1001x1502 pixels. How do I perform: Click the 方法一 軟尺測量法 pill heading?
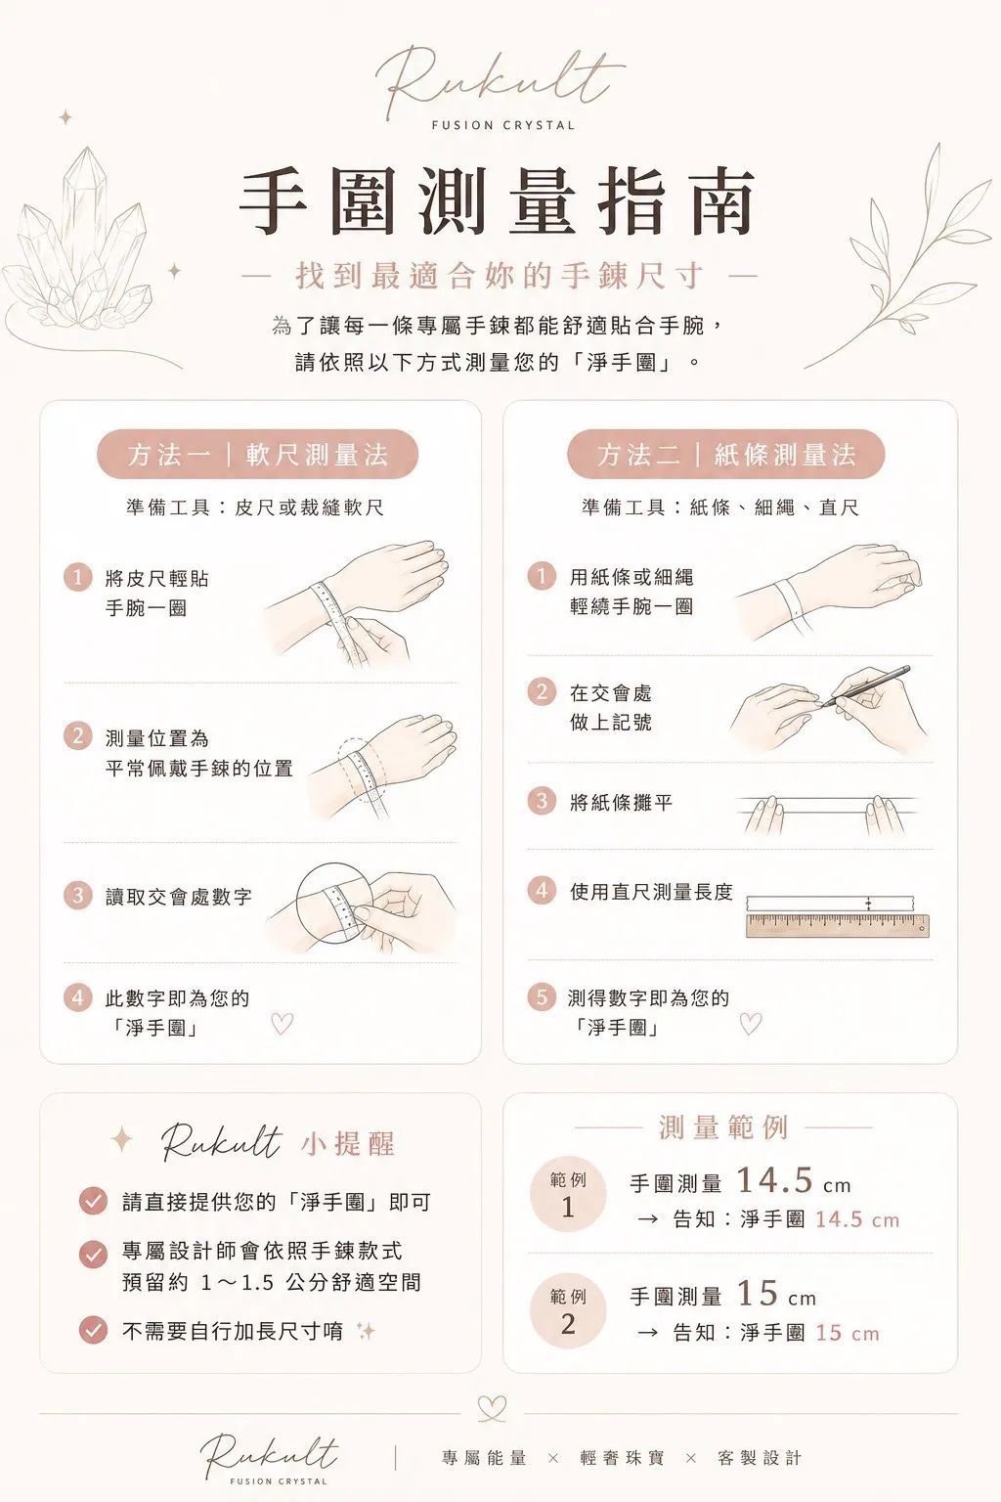[x=257, y=454]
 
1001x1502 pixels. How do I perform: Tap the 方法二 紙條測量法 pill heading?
[x=726, y=454]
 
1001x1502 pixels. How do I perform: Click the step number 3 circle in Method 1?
[x=78, y=895]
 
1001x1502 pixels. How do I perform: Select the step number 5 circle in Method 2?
[x=542, y=997]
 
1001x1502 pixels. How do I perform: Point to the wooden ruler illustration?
[x=838, y=925]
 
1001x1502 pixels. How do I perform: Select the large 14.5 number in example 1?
[x=775, y=1180]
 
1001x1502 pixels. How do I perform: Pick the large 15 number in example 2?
[x=758, y=1294]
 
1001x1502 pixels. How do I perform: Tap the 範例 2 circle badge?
[x=568, y=1310]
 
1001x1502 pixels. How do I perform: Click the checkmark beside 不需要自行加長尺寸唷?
[x=93, y=1330]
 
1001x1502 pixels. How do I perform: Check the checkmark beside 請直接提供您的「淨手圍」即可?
[x=93, y=1201]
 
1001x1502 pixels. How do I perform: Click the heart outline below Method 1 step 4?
[x=283, y=1024]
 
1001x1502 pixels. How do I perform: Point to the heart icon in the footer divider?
[x=492, y=1407]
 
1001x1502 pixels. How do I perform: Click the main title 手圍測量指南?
[x=499, y=201]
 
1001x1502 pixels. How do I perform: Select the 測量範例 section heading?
[x=723, y=1127]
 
